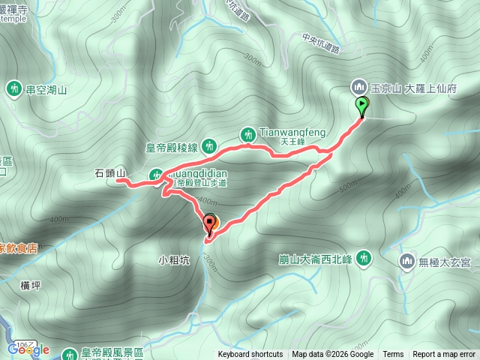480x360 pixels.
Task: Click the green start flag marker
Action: [x=362, y=106]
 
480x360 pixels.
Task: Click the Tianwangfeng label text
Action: [x=292, y=132]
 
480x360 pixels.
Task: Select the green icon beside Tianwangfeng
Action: [x=248, y=134]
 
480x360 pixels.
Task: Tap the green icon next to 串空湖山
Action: [x=13, y=89]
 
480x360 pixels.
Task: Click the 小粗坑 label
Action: [x=172, y=261]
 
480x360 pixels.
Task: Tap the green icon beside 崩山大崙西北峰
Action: [x=364, y=259]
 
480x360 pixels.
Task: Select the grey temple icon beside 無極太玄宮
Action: [x=407, y=261]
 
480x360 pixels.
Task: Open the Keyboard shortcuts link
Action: [x=250, y=355]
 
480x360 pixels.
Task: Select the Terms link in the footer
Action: [x=393, y=355]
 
